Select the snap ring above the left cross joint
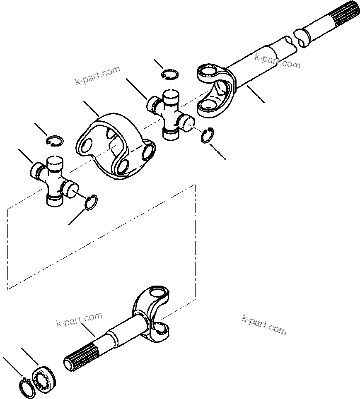coord(55,140)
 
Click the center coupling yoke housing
coord(114,145)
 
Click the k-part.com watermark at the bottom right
coord(264,324)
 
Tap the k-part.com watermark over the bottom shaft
coord(79,319)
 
